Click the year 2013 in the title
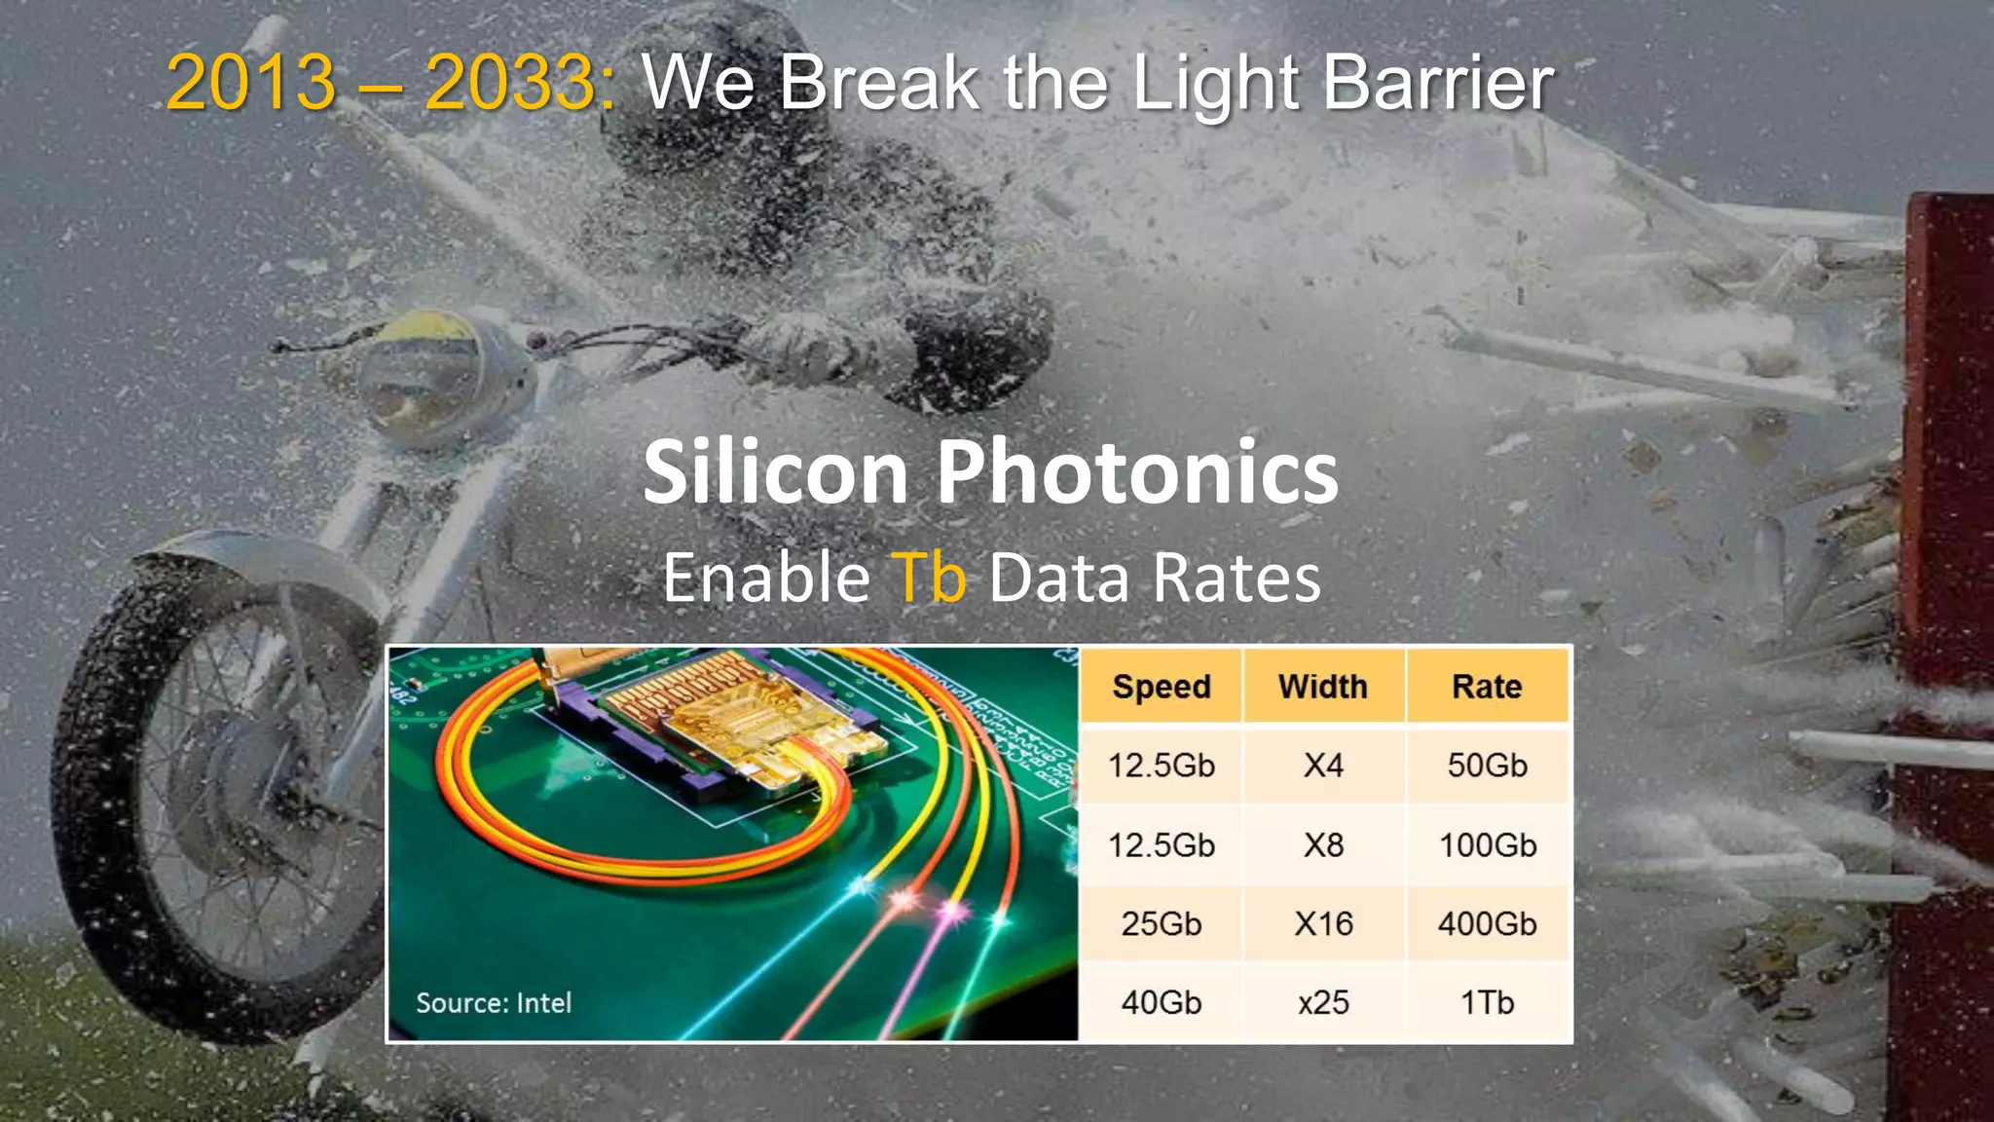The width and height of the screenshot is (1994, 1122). click(x=251, y=82)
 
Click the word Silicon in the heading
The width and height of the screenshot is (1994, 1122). click(x=775, y=471)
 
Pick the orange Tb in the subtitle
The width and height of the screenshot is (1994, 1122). click(x=929, y=578)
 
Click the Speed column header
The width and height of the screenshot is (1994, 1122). click(x=1161, y=687)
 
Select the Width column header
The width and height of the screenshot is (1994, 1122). click(x=1323, y=687)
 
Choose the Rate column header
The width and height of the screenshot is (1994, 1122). click(x=1487, y=687)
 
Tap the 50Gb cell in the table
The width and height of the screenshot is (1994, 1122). click(x=1487, y=766)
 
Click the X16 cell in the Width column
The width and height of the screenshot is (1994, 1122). click(x=1323, y=923)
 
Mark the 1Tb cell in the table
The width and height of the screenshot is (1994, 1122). click(x=1487, y=1002)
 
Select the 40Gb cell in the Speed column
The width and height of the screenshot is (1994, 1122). click(x=1161, y=1002)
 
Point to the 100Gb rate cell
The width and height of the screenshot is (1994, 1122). click(x=1487, y=844)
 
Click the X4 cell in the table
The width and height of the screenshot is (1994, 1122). click(x=1323, y=766)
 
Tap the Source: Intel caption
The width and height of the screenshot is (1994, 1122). click(x=494, y=1003)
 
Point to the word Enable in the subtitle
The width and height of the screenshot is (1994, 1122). click(x=766, y=578)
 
